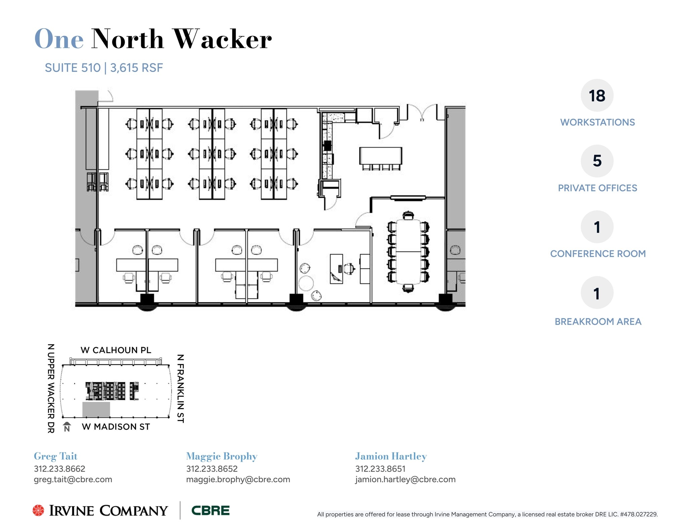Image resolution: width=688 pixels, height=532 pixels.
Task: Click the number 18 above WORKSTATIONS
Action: coord(597,96)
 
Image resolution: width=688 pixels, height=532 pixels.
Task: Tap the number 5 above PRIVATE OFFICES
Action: coord(597,161)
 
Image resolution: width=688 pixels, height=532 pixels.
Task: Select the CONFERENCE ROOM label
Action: coord(598,254)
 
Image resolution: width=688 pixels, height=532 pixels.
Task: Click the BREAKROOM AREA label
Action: coord(598,322)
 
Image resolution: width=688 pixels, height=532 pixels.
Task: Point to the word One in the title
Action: coord(59,39)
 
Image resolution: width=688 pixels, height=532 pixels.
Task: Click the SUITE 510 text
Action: coord(73,68)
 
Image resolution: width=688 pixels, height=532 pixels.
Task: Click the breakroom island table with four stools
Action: coord(381,155)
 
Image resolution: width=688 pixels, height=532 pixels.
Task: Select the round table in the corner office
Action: coord(306,283)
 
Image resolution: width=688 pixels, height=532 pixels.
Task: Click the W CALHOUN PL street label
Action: coord(116,350)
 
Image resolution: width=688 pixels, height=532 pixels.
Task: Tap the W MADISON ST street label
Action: coord(116,427)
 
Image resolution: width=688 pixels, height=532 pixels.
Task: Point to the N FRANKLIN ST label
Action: coord(180,388)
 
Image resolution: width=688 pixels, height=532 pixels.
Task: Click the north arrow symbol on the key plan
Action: coord(67,427)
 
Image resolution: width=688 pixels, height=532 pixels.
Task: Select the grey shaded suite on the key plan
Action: coord(96,409)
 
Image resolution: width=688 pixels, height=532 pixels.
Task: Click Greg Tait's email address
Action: coord(73,480)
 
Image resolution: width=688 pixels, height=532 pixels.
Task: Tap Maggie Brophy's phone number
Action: coord(212,469)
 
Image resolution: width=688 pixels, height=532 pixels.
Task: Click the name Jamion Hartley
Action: coord(391,456)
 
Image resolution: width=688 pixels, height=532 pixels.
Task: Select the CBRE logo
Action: coord(210,510)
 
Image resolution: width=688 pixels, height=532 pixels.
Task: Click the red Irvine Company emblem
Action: coord(38,510)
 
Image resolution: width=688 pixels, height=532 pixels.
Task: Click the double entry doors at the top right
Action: coord(422,113)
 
